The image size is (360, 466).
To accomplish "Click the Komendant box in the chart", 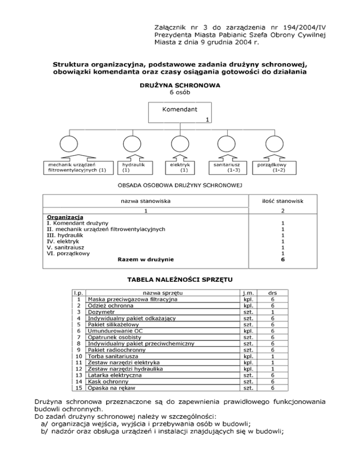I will (180, 114).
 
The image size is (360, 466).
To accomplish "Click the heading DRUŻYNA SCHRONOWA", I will (180, 86).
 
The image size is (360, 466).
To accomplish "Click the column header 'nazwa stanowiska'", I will (145, 201).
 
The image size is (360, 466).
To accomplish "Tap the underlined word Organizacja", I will (65, 217).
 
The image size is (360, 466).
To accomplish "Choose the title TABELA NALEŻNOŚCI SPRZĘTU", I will (180, 280).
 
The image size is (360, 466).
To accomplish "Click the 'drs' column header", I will (273, 292).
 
